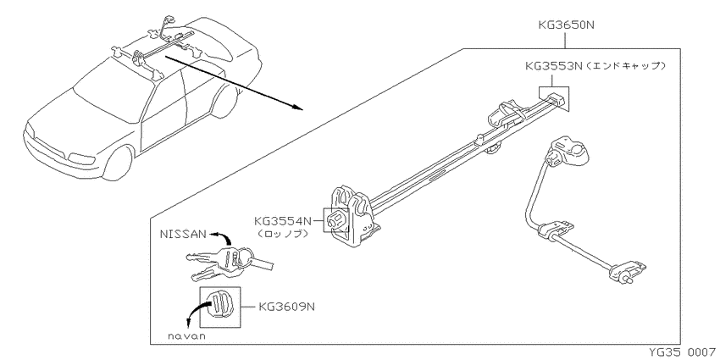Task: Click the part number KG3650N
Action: tap(566, 25)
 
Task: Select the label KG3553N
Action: tap(554, 66)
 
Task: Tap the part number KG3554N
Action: tap(282, 221)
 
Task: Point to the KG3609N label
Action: tap(287, 307)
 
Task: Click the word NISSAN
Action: tap(183, 234)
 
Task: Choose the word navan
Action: tap(186, 336)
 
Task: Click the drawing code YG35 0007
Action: tap(684, 352)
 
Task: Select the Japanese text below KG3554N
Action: tap(282, 234)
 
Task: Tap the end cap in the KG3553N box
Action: tap(554, 98)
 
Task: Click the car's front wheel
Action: tap(117, 163)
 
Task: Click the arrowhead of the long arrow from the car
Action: tap(297, 107)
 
